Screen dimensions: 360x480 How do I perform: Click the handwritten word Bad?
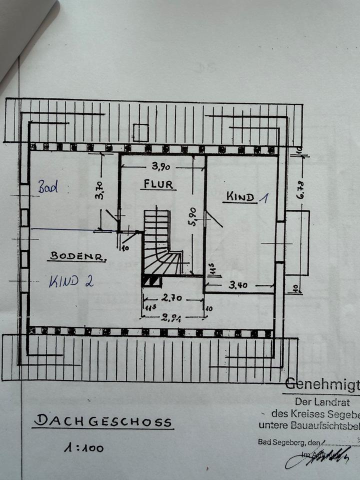pyautogui.click(x=48, y=187)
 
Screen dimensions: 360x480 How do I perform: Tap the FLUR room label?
pyautogui.click(x=158, y=184)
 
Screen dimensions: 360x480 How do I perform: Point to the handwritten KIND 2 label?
pyautogui.click(x=71, y=281)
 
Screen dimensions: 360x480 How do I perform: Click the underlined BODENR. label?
pyautogui.click(x=77, y=257)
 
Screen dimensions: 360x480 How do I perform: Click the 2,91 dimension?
pyautogui.click(x=172, y=317)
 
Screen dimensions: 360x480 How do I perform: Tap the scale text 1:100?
pyautogui.click(x=83, y=447)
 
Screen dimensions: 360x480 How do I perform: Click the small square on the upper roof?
pyautogui.click(x=140, y=132)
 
